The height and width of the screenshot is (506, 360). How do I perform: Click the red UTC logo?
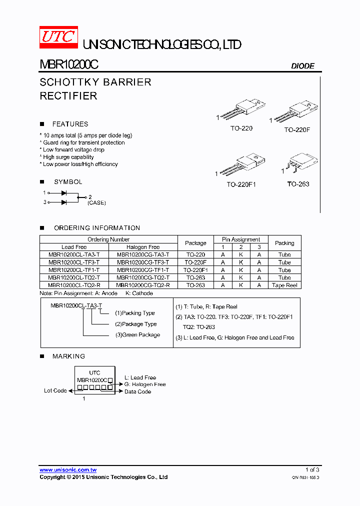tap(58, 37)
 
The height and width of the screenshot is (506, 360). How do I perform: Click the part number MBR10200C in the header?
tap(69, 65)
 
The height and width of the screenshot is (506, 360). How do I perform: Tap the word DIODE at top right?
tap(302, 66)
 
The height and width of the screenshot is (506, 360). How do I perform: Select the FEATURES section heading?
tap(70, 124)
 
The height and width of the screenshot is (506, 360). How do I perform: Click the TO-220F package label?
tap(297, 129)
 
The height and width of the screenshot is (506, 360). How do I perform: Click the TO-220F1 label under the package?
tap(241, 184)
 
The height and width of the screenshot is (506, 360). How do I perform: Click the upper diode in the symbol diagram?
tap(64, 192)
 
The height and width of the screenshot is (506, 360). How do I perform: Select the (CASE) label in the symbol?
tap(96, 203)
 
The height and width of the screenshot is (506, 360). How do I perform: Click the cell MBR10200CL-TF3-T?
tap(74, 262)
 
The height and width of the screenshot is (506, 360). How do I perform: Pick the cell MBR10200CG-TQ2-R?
tap(143, 285)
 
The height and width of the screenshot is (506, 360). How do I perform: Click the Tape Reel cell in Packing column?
tap(284, 285)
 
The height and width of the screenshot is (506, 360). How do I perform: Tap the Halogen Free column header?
tap(143, 247)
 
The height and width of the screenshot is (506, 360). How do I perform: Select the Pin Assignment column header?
tap(241, 239)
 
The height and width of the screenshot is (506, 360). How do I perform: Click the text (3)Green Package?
tap(137, 335)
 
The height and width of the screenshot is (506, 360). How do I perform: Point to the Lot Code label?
tap(55, 390)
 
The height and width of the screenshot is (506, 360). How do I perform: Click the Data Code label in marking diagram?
tap(138, 391)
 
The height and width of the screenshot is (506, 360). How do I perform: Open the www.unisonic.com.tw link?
tap(68, 470)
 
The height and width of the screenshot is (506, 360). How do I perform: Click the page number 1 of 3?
tap(312, 469)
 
